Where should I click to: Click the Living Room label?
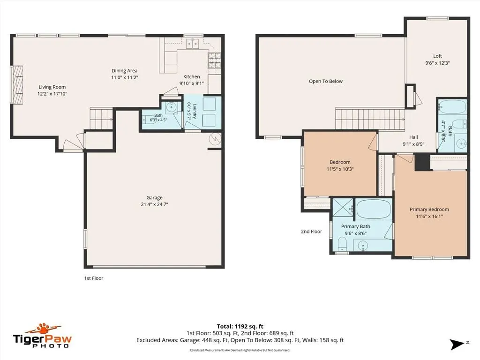(52, 87)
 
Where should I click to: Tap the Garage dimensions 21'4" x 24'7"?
(154, 204)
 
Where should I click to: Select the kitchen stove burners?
(215, 60)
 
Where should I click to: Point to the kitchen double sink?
(192, 44)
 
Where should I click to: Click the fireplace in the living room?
(17, 84)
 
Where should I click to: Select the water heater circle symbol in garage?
(215, 139)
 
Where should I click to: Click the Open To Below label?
(326, 81)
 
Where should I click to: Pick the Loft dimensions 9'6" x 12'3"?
(437, 63)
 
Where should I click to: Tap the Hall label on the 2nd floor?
(413, 137)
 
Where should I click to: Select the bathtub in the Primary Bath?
(374, 209)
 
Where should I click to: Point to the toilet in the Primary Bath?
(342, 244)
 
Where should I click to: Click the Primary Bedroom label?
(429, 210)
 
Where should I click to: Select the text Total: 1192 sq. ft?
(240, 326)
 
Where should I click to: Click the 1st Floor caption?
(94, 278)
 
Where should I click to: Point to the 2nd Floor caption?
(311, 232)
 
